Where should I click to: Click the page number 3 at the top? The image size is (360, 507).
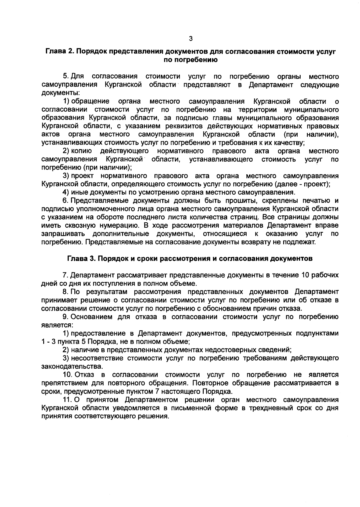[x=191, y=38]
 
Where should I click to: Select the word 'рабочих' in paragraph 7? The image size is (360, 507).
[x=325, y=275]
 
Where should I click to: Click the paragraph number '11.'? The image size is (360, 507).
[x=68, y=400]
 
